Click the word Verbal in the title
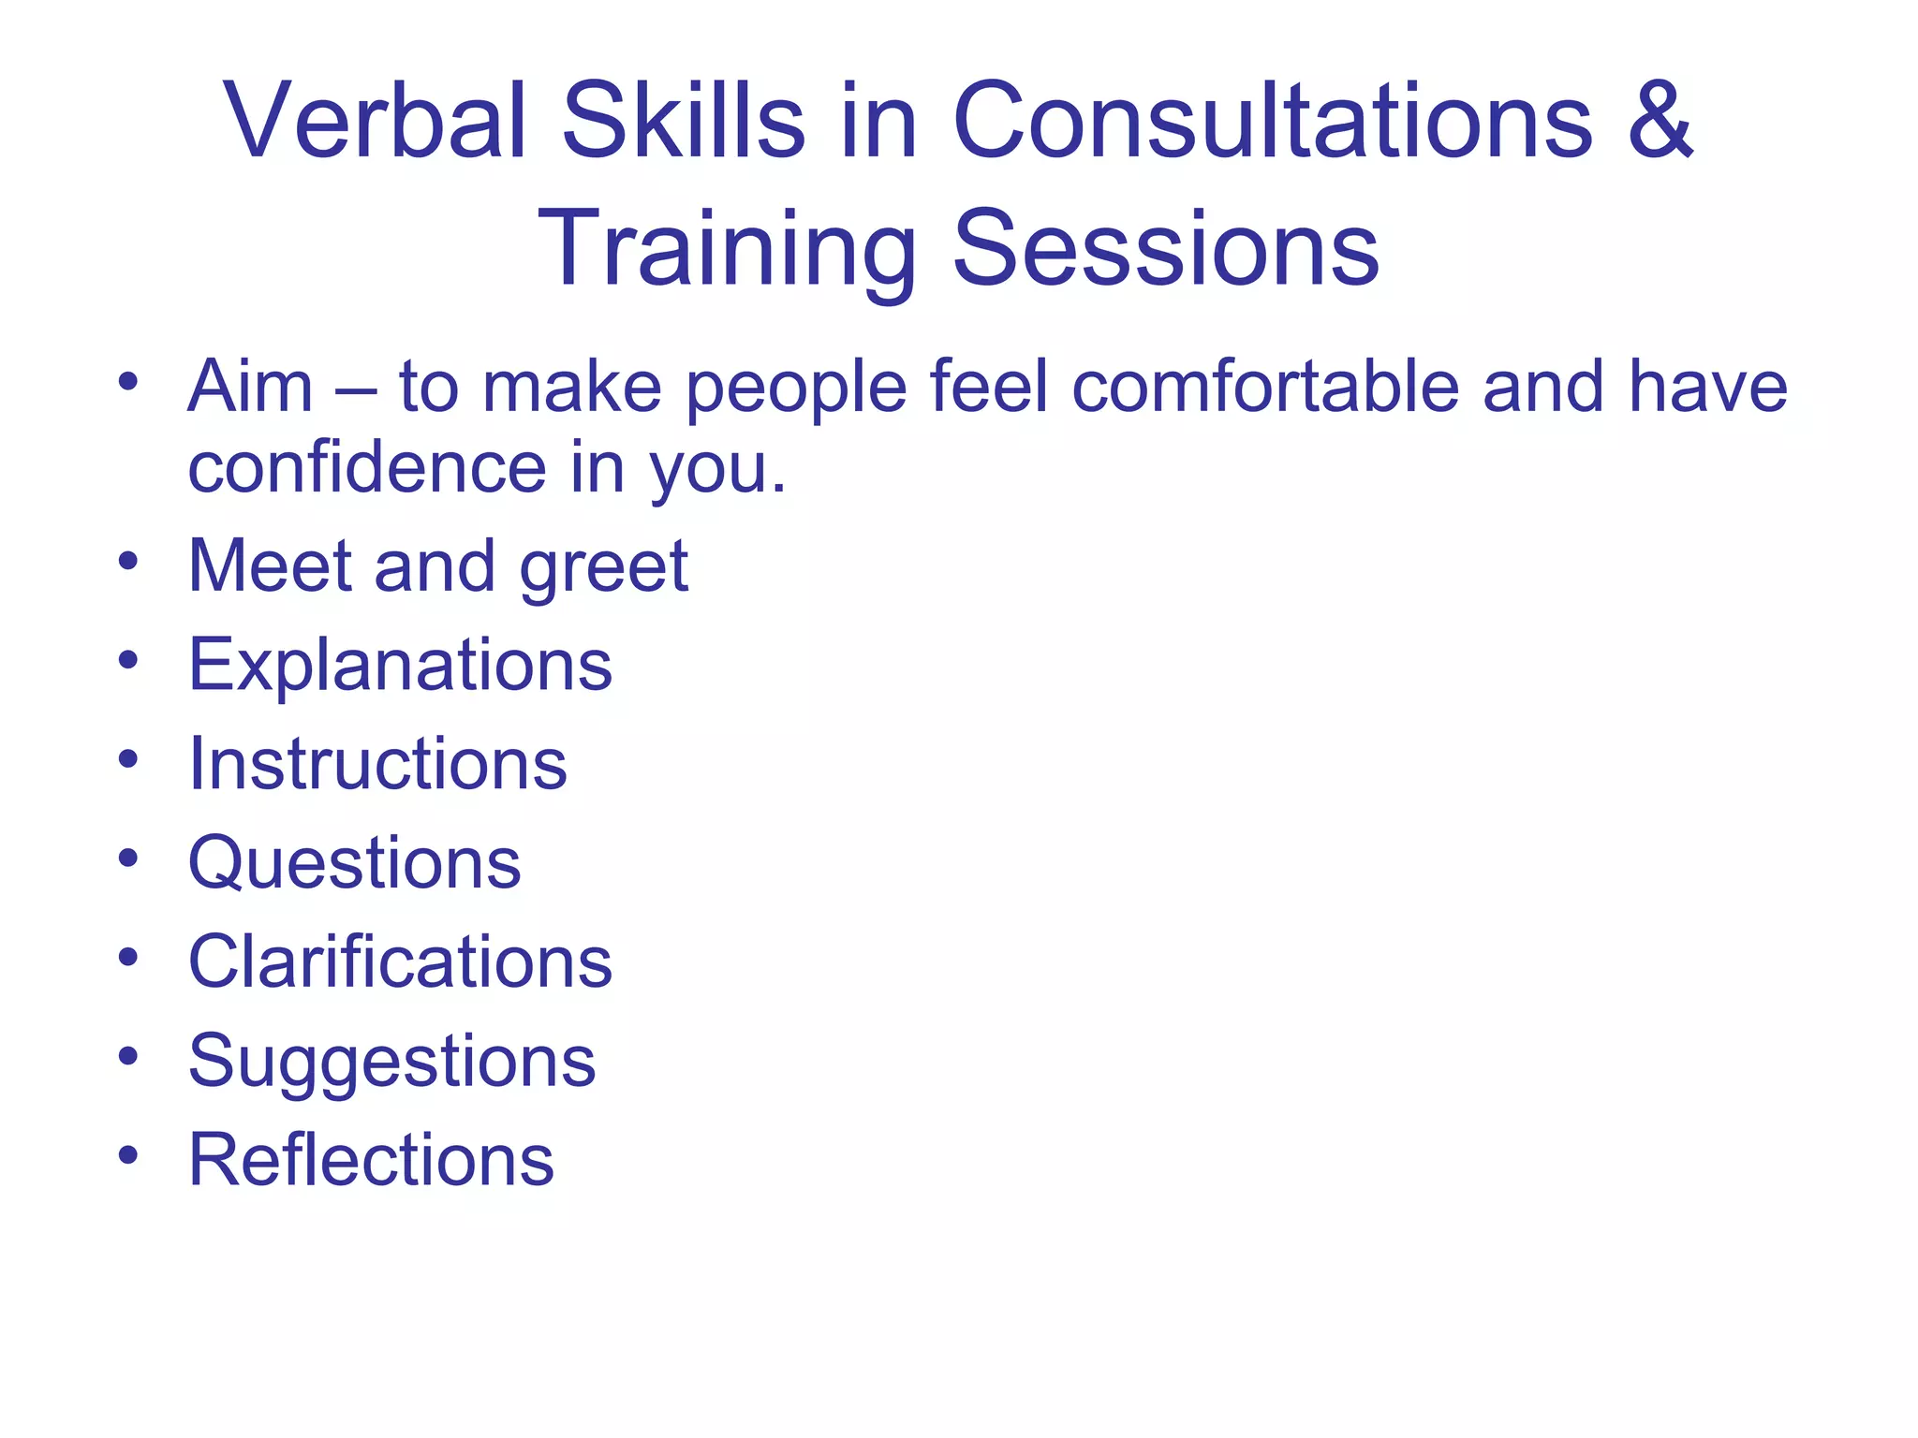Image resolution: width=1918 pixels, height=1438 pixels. [x=374, y=122]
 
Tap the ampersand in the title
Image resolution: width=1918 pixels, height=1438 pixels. [x=1660, y=122]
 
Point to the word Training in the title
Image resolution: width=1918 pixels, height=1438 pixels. [x=726, y=248]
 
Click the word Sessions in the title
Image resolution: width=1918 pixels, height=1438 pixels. [x=1166, y=248]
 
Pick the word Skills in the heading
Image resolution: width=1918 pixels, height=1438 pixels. [x=683, y=122]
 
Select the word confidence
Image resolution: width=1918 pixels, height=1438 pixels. [x=367, y=467]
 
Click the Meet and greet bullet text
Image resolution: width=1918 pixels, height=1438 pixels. [x=438, y=565]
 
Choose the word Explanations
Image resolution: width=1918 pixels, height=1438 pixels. [x=400, y=665]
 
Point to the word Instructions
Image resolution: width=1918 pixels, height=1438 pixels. [x=377, y=764]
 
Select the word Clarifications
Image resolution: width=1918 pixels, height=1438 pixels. [x=400, y=962]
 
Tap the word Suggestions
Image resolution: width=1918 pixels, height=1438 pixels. [x=391, y=1062]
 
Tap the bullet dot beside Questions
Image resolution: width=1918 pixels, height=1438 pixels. [x=128, y=858]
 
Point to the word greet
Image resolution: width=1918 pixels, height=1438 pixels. [x=604, y=567]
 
